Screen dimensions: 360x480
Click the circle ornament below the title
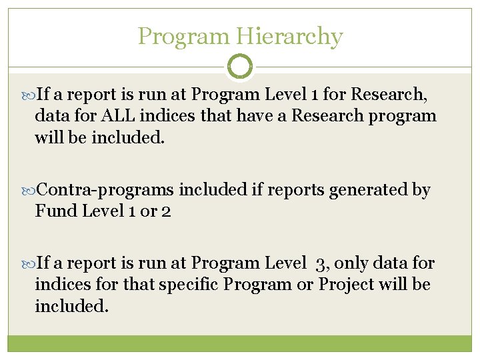pos(240,67)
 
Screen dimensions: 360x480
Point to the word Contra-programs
pos(105,190)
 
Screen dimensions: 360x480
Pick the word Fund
pos(54,211)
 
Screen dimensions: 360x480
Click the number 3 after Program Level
pos(322,264)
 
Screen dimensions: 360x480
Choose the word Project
pos(346,285)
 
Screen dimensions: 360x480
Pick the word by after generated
pos(421,190)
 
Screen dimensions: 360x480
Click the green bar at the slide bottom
pos(240,343)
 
